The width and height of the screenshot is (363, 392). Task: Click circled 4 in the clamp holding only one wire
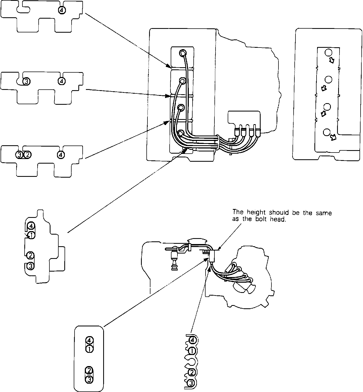62,10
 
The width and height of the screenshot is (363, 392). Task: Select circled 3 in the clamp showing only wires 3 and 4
26,81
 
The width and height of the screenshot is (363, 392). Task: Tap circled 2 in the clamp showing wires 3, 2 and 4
28,155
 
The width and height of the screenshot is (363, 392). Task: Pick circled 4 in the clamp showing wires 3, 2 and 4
61,155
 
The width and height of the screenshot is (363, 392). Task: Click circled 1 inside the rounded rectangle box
89,349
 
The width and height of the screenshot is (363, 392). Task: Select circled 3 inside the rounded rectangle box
89,379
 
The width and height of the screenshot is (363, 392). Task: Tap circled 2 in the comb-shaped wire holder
191,373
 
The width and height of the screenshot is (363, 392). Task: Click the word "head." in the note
278,219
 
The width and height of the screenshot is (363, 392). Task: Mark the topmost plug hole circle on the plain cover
328,52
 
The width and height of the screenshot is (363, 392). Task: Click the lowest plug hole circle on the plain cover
327,132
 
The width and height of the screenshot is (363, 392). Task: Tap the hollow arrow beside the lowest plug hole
334,138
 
